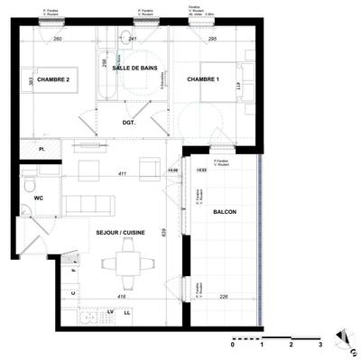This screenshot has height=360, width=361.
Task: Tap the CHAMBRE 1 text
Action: click(204, 81)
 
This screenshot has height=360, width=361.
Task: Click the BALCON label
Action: click(225, 211)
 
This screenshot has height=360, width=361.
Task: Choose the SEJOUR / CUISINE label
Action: click(121, 233)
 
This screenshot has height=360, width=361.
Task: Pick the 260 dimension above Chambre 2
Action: click(57, 40)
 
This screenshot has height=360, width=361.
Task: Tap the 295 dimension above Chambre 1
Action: click(212, 40)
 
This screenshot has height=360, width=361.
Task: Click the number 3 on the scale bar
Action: click(320, 345)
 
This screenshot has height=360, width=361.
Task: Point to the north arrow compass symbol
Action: click(342, 340)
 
